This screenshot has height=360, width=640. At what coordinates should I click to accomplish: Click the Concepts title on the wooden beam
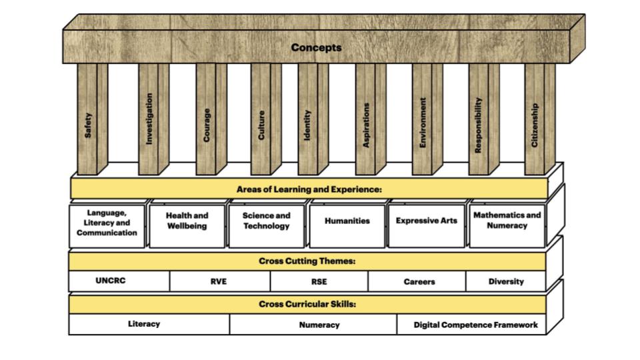[x=316, y=47]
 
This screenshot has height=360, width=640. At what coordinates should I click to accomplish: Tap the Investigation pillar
[x=149, y=119]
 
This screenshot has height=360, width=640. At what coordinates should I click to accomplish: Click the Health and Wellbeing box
[x=187, y=221]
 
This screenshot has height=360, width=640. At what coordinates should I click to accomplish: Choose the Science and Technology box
[x=266, y=221]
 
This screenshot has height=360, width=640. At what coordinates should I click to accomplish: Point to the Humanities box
[x=347, y=221]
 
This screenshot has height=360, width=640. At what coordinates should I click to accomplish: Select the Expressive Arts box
[x=427, y=221]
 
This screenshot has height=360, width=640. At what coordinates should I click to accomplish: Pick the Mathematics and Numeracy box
[x=507, y=221]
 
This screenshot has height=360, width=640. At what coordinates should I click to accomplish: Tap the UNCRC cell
[x=110, y=281]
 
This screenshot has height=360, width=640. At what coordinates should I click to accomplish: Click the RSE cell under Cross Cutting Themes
[x=319, y=281]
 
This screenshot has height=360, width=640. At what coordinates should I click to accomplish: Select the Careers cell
[x=419, y=281]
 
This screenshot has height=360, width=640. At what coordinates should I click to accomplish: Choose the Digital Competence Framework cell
[x=475, y=325]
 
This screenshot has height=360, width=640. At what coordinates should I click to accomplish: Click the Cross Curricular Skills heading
[x=307, y=304]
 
